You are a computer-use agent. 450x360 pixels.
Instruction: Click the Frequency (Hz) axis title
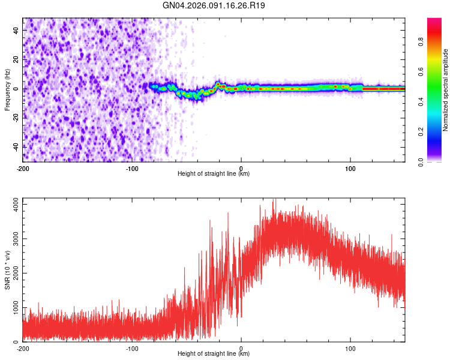(7, 89)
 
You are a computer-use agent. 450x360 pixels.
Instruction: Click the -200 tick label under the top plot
(23, 167)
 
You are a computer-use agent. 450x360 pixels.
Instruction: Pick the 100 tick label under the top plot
(350, 167)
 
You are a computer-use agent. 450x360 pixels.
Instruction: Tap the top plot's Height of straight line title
(214, 174)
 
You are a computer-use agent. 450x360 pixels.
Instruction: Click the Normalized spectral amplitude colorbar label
(446, 89)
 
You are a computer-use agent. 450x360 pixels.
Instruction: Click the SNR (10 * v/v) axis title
(7, 270)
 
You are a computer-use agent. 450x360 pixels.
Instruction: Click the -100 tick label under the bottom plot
(132, 348)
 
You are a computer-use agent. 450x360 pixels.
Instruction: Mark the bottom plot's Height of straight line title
(214, 354)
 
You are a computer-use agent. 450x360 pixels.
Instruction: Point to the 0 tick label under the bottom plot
(241, 348)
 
